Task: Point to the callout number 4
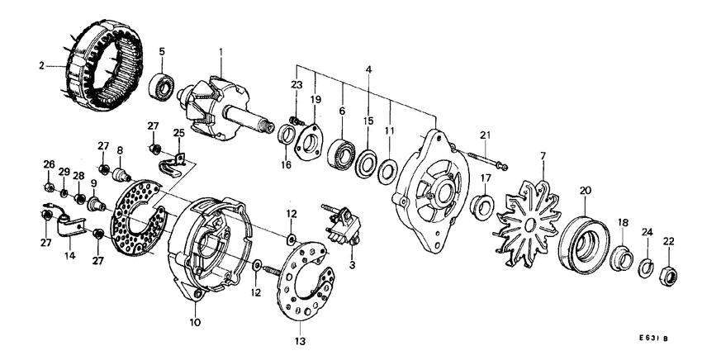(368, 71)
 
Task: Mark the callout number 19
(314, 99)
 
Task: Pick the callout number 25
(179, 132)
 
